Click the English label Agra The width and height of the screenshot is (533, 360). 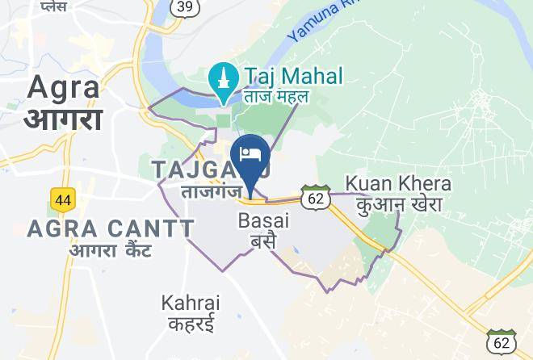click(x=64, y=87)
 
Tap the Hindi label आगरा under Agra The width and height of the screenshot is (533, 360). click(x=64, y=119)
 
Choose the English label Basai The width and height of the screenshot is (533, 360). click(x=264, y=220)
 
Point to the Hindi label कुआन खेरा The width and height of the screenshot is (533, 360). click(x=401, y=204)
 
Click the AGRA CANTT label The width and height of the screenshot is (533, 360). click(x=111, y=228)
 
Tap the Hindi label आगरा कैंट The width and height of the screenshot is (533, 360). click(x=111, y=250)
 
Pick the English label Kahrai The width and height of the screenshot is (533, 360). click(x=190, y=303)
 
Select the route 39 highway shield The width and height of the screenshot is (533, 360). click(x=184, y=7)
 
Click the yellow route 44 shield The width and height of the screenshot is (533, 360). click(x=61, y=199)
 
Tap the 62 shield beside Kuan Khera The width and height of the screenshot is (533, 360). click(x=316, y=196)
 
